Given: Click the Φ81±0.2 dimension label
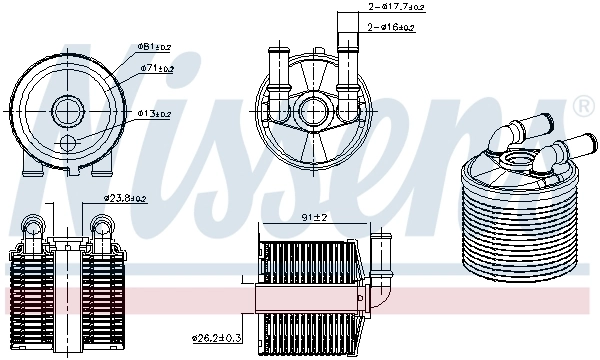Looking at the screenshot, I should point(155,46).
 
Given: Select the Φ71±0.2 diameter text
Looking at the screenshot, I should point(157,69).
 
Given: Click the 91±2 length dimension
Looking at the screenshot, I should point(312,217).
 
